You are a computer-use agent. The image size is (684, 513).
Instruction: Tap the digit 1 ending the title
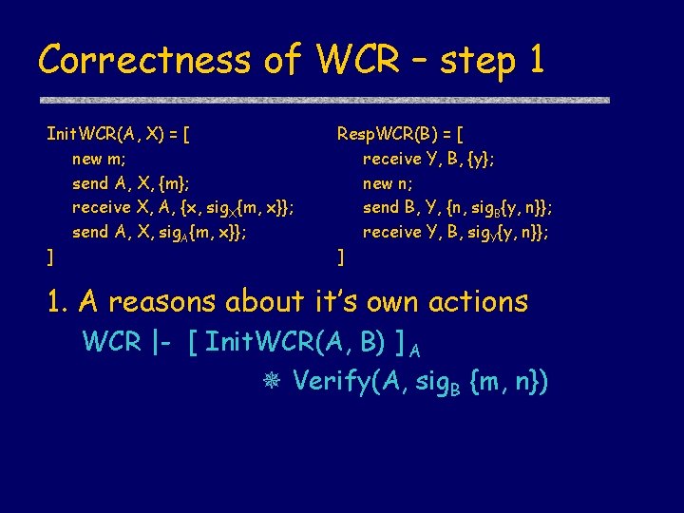tap(536, 60)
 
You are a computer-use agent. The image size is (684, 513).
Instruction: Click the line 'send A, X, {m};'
tap(137, 182)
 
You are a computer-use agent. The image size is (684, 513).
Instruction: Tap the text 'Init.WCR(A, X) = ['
tap(118, 133)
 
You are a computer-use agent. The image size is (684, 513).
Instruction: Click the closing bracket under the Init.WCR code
tap(50, 256)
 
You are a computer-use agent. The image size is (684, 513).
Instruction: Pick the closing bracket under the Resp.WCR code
tap(340, 256)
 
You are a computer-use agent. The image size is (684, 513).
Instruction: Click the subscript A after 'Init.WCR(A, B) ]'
tap(416, 349)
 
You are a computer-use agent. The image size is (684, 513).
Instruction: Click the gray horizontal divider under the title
tap(323, 100)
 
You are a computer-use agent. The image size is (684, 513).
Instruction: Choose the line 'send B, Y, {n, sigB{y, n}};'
tap(458, 207)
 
